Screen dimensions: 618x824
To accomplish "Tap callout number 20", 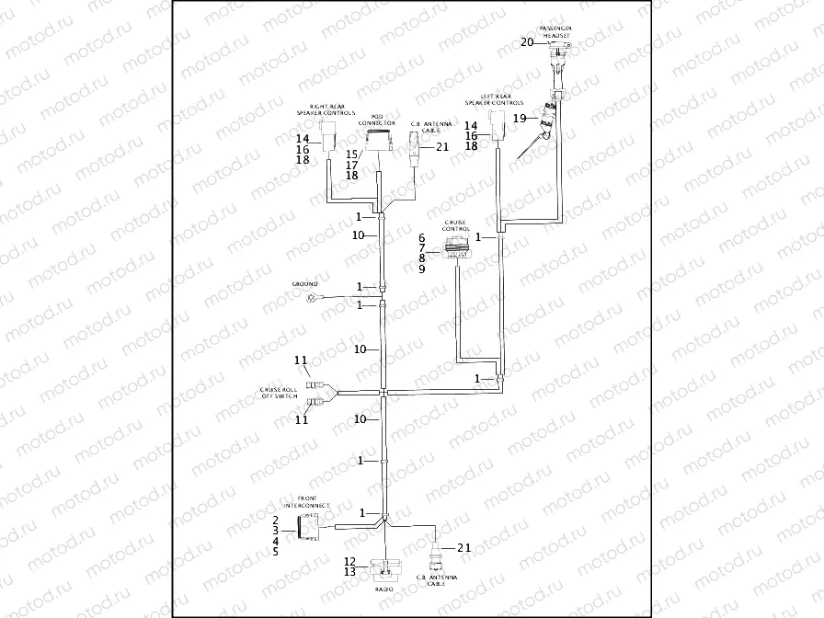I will tap(527, 41).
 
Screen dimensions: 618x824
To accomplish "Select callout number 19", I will tap(520, 118).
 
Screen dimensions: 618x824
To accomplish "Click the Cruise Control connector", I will tap(456, 246).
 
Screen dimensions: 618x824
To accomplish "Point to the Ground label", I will tap(304, 284).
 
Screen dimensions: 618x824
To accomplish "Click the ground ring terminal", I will tap(315, 297).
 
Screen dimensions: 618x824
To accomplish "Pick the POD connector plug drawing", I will tap(376, 140).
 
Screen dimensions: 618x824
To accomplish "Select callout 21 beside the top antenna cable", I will tap(441, 146).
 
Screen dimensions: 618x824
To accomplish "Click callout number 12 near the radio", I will tap(349, 560).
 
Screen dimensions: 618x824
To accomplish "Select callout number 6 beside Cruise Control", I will tap(422, 236).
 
